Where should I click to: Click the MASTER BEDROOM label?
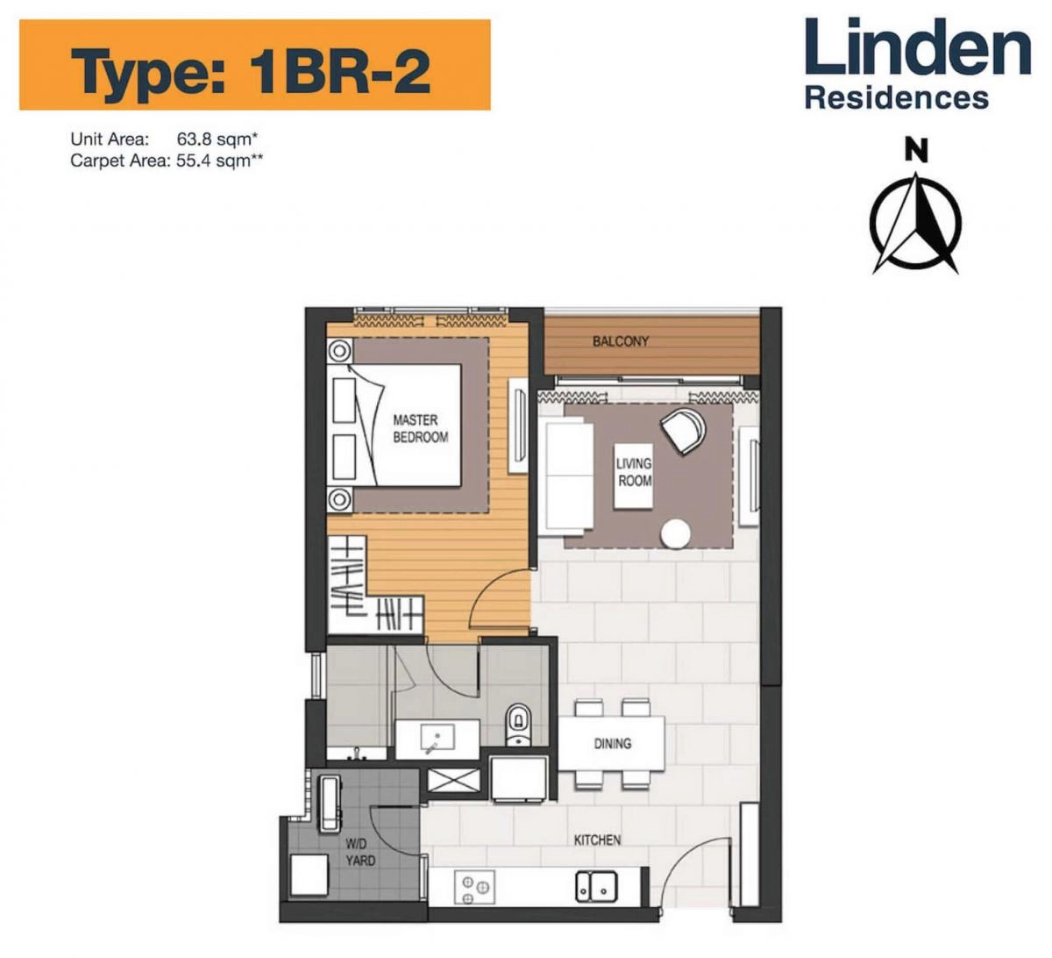pyautogui.click(x=420, y=429)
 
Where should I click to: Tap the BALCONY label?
pyautogui.click(x=621, y=341)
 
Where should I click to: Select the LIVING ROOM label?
pyautogui.click(x=634, y=472)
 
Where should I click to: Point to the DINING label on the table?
pyautogui.click(x=612, y=743)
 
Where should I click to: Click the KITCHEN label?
pyautogui.click(x=597, y=840)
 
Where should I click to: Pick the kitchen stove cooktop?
pyautogui.click(x=474, y=887)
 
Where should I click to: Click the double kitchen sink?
pyautogui.click(x=596, y=885)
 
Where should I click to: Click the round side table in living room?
pyautogui.click(x=676, y=533)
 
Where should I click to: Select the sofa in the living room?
pyautogui.click(x=566, y=476)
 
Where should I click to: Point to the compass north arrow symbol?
pyautogui.click(x=915, y=223)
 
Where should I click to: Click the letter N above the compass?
pyautogui.click(x=916, y=152)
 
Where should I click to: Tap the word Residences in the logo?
pyautogui.click(x=896, y=97)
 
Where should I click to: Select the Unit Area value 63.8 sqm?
pyautogui.click(x=217, y=139)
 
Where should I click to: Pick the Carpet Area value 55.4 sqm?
pyautogui.click(x=219, y=161)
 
